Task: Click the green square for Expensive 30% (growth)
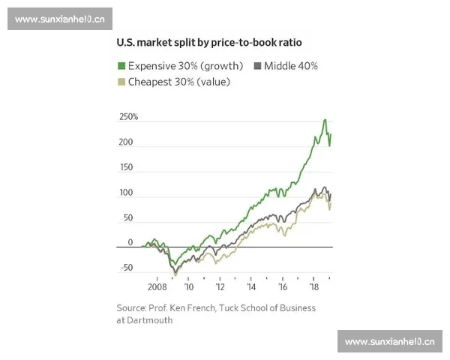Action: click(x=121, y=66)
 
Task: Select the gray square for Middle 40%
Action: click(x=258, y=66)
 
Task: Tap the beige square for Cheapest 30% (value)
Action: click(x=121, y=82)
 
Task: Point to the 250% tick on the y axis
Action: click(x=128, y=117)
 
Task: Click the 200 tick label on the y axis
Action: click(x=126, y=142)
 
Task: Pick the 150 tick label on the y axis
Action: click(x=126, y=167)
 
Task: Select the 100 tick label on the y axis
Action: click(x=126, y=193)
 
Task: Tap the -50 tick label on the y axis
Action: click(x=125, y=268)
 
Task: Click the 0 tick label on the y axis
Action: click(x=130, y=242)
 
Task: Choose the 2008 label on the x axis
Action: click(x=157, y=286)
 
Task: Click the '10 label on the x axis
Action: click(x=189, y=286)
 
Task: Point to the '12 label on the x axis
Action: click(x=220, y=286)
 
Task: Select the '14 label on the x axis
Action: click(x=251, y=286)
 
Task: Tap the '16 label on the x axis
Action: click(x=283, y=286)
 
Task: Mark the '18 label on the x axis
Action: click(x=313, y=286)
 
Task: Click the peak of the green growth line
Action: click(x=325, y=120)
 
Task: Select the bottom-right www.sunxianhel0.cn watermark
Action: click(x=389, y=341)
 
